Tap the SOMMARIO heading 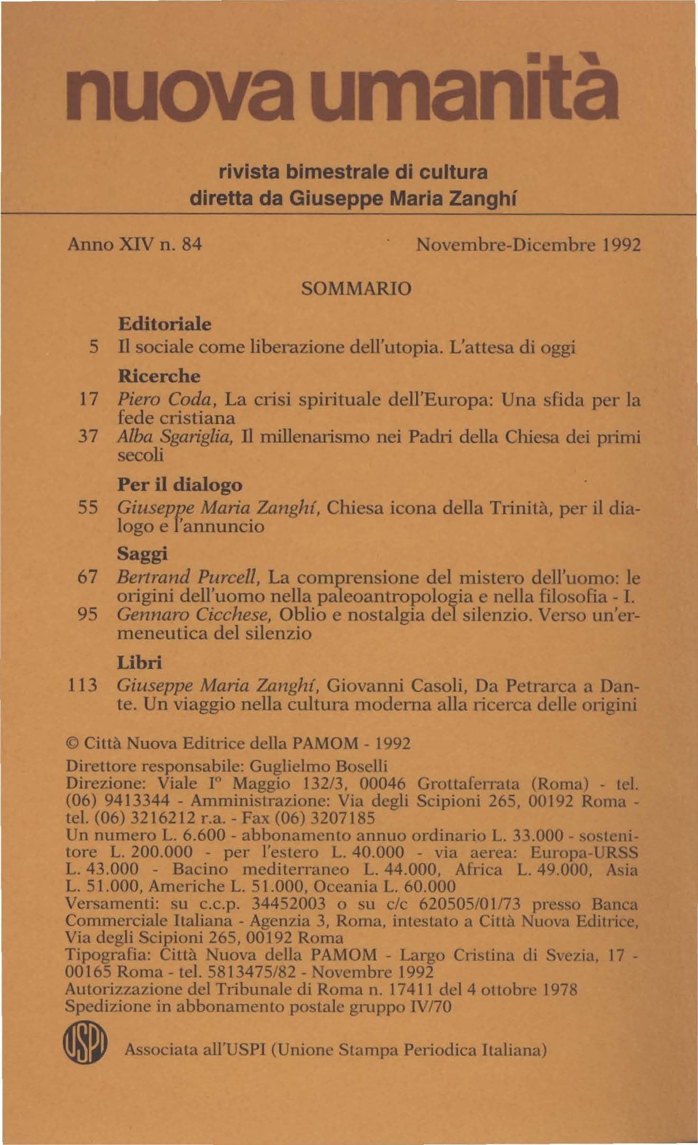356,288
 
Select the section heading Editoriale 164,324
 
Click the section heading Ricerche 159,376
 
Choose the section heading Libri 140,662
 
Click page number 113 82,685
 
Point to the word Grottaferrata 462,783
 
